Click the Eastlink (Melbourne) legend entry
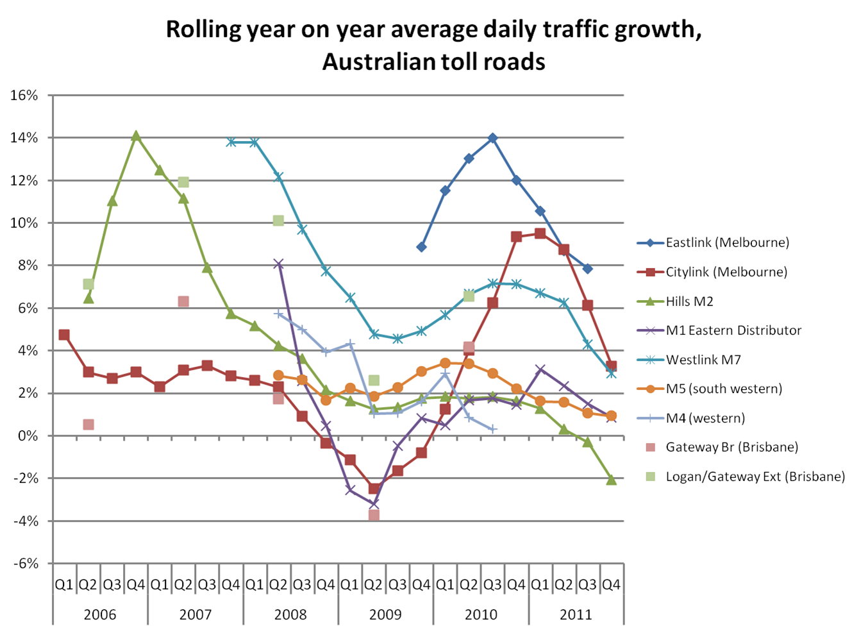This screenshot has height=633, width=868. (727, 243)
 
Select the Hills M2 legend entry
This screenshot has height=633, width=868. (689, 301)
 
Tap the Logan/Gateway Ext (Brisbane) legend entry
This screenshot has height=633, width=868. (755, 477)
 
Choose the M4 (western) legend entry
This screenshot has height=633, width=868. (705, 418)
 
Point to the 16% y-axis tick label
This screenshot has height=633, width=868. (24, 96)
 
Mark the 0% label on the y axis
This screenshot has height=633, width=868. (28, 436)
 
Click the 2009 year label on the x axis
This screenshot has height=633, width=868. (385, 614)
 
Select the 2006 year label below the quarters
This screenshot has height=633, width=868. (100, 614)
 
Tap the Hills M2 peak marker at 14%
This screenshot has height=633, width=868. (136, 136)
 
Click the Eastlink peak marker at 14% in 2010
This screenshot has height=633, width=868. (492, 138)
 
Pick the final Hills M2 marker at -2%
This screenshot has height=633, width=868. (611, 480)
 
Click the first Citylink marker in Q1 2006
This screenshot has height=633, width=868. (64, 335)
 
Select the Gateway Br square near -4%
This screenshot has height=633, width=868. (374, 515)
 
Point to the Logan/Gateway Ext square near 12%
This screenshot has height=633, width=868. (183, 182)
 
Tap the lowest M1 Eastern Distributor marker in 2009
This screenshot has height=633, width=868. (374, 504)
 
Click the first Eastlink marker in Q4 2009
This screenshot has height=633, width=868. (421, 247)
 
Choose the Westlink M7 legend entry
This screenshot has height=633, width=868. (703, 360)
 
